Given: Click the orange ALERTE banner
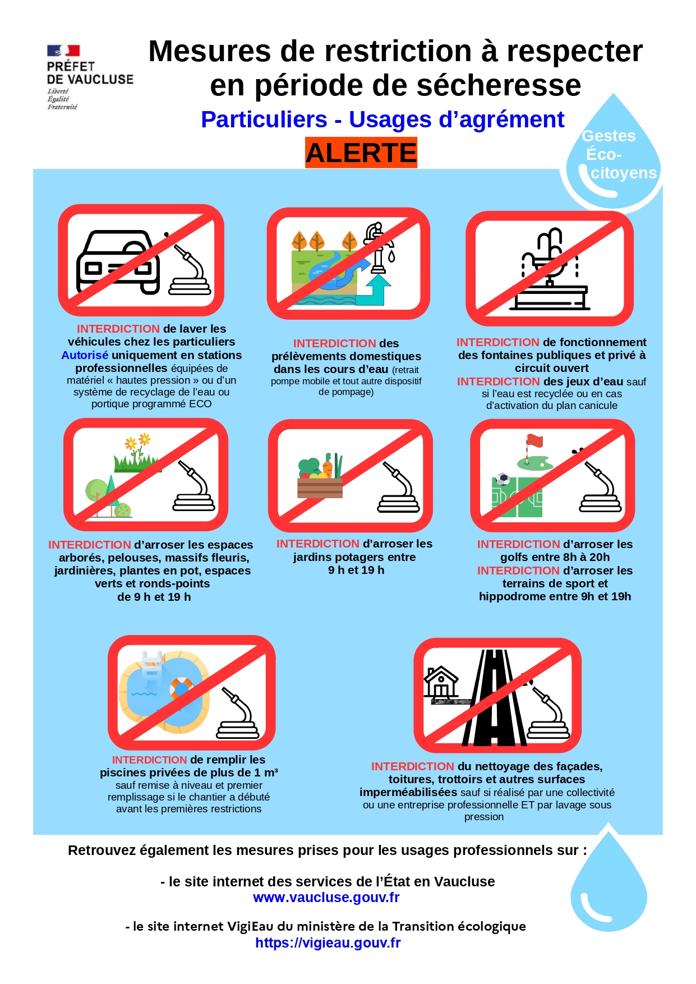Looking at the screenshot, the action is point(361,153).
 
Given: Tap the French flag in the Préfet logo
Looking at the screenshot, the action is point(63,51).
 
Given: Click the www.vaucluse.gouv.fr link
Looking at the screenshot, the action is point(326,897).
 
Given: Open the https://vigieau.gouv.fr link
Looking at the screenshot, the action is point(328,942).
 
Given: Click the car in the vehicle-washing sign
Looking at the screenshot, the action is point(118,261).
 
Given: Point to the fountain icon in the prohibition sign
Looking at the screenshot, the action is point(550,269).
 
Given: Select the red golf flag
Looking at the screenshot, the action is point(534,441).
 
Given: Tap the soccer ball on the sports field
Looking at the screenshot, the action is point(503,480).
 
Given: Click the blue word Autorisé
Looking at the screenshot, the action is point(85,355).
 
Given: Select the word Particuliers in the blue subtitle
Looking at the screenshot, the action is point(264,119).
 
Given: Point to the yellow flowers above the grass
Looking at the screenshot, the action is point(138,442).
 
